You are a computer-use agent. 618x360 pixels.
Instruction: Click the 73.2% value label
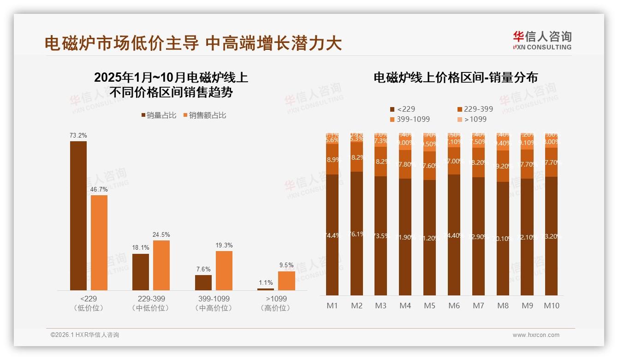pyautogui.click(x=78, y=136)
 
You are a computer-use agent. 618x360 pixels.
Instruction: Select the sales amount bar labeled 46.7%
pyautogui.click(x=99, y=242)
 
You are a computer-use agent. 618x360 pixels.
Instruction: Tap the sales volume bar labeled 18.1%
pyautogui.click(x=141, y=272)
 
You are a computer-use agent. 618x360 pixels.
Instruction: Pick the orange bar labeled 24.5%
pyautogui.click(x=161, y=265)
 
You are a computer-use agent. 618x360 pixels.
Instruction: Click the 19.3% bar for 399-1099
pyautogui.click(x=224, y=270)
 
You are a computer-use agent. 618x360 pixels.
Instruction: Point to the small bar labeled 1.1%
pyautogui.click(x=266, y=289)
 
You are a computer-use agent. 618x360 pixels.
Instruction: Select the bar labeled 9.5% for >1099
pyautogui.click(x=286, y=281)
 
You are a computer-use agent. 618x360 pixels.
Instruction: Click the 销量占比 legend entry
pyautogui.click(x=159, y=115)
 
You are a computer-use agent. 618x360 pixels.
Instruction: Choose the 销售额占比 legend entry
pyautogui.click(x=205, y=115)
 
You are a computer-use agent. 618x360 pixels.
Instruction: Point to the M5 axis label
pyautogui.click(x=430, y=306)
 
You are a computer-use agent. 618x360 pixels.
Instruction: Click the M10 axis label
pyautogui.click(x=552, y=306)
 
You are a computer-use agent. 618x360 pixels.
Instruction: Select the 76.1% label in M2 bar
pyautogui.click(x=357, y=234)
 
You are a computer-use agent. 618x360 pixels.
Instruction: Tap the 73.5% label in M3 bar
pyautogui.click(x=381, y=236)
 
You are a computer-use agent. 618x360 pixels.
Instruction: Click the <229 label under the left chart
pyautogui.click(x=89, y=299)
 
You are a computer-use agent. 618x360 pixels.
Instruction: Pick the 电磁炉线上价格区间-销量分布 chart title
pyautogui.click(x=455, y=78)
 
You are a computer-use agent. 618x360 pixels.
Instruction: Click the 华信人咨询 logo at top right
pyautogui.click(x=542, y=40)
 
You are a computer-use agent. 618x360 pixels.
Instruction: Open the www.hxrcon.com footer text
pyautogui.click(x=536, y=335)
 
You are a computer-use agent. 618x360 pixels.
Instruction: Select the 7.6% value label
pyautogui.click(x=203, y=270)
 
